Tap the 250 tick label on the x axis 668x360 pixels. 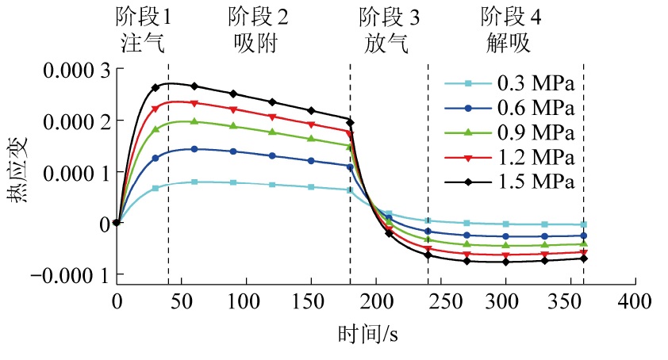(440, 301)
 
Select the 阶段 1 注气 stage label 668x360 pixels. (144, 30)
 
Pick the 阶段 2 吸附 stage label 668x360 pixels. (257, 30)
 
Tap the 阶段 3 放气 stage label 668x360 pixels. (390, 30)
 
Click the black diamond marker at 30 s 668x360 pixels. (155, 87)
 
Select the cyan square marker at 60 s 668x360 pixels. (194, 182)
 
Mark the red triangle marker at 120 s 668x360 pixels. (272, 117)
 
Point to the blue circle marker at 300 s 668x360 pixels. (505, 236)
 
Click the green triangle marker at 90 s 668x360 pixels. (233, 126)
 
